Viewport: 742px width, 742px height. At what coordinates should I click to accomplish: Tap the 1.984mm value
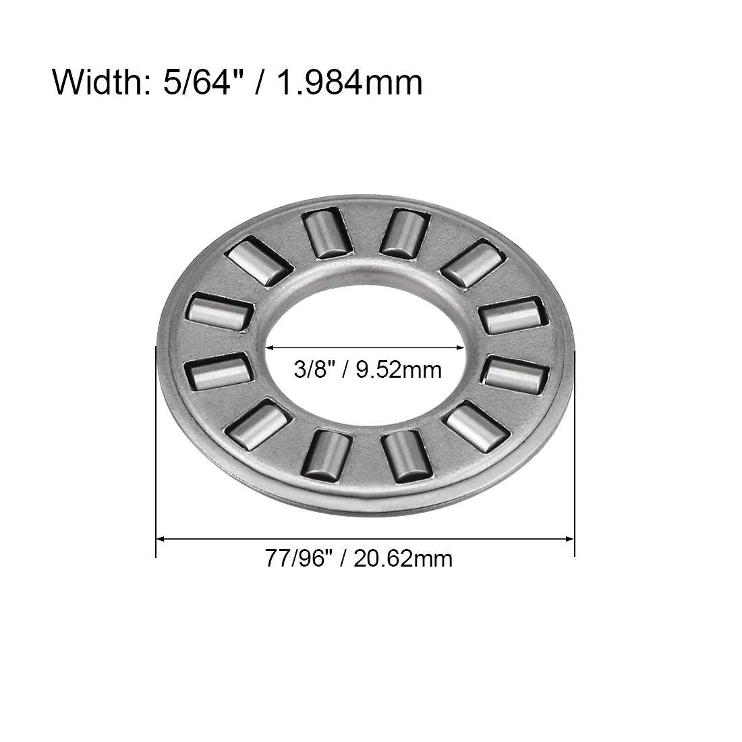pyautogui.click(x=349, y=83)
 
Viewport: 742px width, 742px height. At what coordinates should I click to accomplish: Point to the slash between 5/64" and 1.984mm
pyautogui.click(x=260, y=82)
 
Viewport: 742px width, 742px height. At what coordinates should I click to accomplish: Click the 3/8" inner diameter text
pyautogui.click(x=311, y=369)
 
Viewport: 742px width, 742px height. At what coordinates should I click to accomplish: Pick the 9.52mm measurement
pyautogui.click(x=399, y=370)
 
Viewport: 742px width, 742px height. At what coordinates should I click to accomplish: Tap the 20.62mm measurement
pyautogui.click(x=403, y=559)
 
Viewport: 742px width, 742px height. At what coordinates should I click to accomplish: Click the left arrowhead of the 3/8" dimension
pyautogui.click(x=270, y=347)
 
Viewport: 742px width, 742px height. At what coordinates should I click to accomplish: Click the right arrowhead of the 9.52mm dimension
pyautogui.click(x=460, y=347)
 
